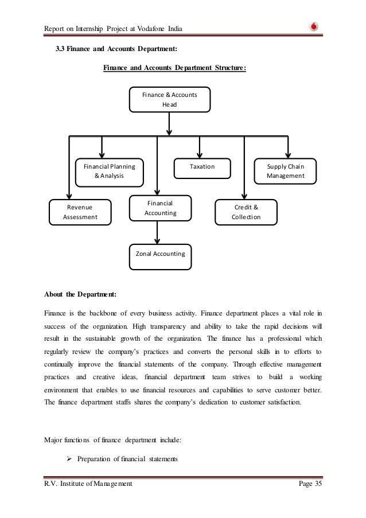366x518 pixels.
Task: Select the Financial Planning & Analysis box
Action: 110,172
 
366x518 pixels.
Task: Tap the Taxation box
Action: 202,166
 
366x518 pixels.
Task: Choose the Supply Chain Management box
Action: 286,172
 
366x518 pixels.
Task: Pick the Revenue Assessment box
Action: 80,211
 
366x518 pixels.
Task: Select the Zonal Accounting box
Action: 160,252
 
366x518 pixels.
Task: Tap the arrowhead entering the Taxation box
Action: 200,154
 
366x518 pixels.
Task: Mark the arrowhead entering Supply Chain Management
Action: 286,154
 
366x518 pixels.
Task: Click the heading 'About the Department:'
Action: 80,295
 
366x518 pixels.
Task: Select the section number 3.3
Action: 60,49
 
